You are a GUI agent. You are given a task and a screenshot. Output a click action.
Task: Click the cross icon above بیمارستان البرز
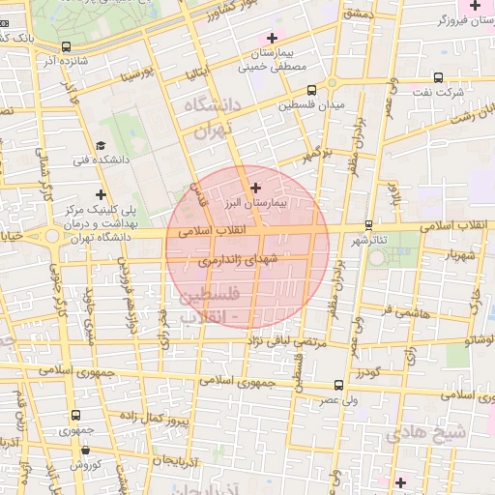point(255,187)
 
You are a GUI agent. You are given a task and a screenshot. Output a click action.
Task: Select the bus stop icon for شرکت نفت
point(438,76)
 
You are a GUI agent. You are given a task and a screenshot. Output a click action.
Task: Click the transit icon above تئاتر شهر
point(368,224)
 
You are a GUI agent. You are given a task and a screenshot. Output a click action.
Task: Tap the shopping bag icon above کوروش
point(86,450)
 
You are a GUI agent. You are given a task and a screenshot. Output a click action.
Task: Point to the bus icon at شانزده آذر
point(66,46)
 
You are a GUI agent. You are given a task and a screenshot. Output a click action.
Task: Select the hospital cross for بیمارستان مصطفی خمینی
point(273,38)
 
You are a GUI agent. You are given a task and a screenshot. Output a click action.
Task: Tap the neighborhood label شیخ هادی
point(427,434)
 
